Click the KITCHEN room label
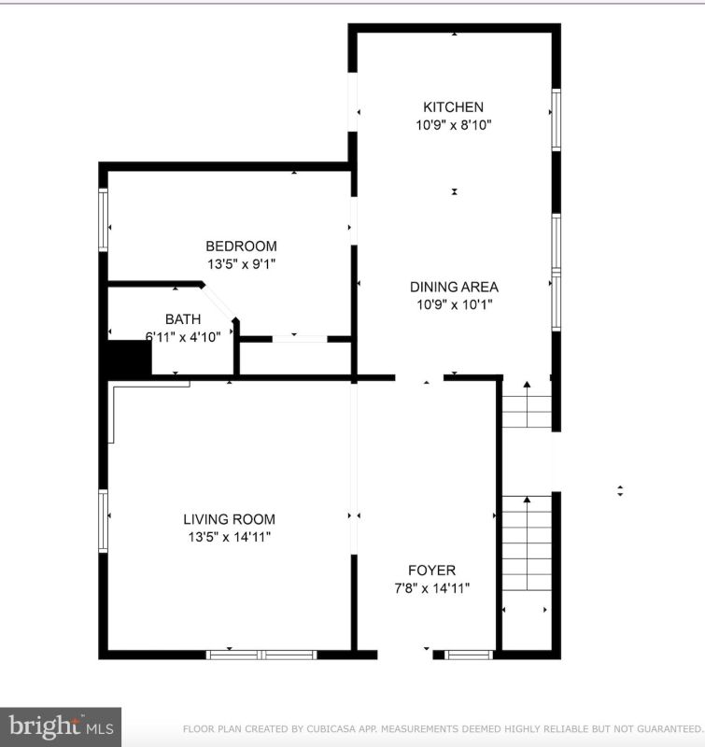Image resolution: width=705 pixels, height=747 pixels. pyautogui.click(x=453, y=106)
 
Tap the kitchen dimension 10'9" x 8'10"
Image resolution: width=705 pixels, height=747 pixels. pyautogui.click(x=454, y=125)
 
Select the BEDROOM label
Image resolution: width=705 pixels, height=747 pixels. pyautogui.click(x=241, y=246)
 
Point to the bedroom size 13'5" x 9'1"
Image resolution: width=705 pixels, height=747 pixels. pyautogui.click(x=241, y=263)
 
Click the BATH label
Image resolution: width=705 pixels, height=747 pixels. pyautogui.click(x=183, y=318)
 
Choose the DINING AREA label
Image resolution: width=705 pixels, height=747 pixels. pyautogui.click(x=454, y=287)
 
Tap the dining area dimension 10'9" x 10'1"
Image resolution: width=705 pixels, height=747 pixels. pyautogui.click(x=455, y=304)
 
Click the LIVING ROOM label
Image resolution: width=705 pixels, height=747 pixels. pyautogui.click(x=229, y=519)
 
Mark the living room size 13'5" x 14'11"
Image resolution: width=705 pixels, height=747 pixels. pyautogui.click(x=229, y=537)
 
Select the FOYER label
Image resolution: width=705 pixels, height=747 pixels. pyautogui.click(x=431, y=570)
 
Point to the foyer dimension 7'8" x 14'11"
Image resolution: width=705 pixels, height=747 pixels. pyautogui.click(x=431, y=588)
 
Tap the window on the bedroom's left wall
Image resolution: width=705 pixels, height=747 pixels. pyautogui.click(x=103, y=219)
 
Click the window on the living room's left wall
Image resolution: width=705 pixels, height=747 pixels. pyautogui.click(x=103, y=521)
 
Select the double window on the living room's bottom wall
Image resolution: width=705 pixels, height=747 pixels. pyautogui.click(x=261, y=655)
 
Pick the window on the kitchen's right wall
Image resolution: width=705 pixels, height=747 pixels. pyautogui.click(x=556, y=120)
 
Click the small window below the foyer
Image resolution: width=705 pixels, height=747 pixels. pyautogui.click(x=469, y=655)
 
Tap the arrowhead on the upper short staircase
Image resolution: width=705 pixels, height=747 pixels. pyautogui.click(x=527, y=385)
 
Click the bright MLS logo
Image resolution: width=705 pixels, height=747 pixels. pyautogui.click(x=61, y=726)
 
